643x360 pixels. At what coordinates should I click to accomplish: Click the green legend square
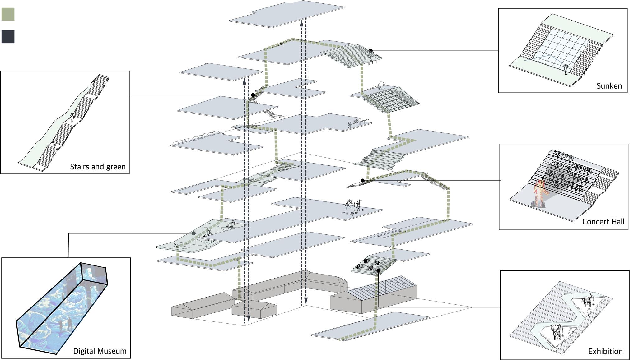click(x=8, y=14)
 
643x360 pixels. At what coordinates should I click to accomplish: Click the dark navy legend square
click(x=8, y=37)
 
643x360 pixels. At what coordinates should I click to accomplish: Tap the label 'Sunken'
click(x=609, y=86)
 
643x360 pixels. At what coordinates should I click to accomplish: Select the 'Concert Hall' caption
click(x=603, y=222)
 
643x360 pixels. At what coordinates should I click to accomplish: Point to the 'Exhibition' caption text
click(x=605, y=351)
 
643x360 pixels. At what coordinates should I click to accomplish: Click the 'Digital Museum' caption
click(x=100, y=351)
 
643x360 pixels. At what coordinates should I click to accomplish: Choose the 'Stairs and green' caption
click(x=97, y=167)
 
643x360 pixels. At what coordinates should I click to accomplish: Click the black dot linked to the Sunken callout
click(x=370, y=50)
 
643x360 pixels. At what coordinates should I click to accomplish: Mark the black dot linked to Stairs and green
click(x=253, y=95)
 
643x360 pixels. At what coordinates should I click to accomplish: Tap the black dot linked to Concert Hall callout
click(x=362, y=180)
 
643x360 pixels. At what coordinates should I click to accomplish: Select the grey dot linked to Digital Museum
click(x=193, y=233)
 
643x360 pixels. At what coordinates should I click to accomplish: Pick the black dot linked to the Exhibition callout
click(x=378, y=271)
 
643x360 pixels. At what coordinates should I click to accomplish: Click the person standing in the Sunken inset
click(x=566, y=69)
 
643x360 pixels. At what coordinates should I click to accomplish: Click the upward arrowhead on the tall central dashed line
click(x=301, y=23)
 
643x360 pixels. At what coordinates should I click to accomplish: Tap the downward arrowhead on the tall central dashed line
click(x=306, y=300)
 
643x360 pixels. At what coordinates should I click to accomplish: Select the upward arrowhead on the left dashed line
click(x=244, y=81)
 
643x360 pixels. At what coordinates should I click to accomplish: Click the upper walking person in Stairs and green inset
click(x=72, y=118)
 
